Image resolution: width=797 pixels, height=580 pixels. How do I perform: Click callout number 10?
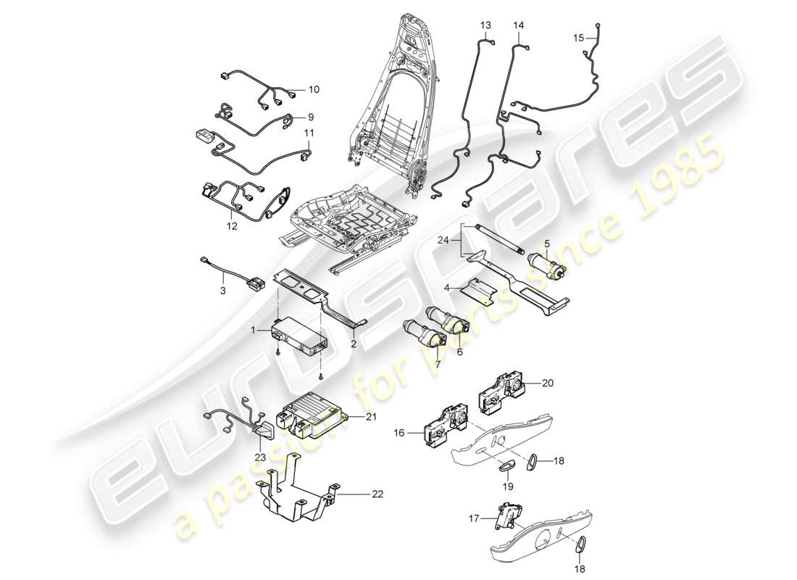coord(313,91)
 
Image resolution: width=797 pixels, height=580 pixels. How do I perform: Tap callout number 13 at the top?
coord(485,25)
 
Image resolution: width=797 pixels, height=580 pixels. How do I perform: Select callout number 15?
coord(577,37)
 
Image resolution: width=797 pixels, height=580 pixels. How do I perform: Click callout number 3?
coord(223,291)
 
